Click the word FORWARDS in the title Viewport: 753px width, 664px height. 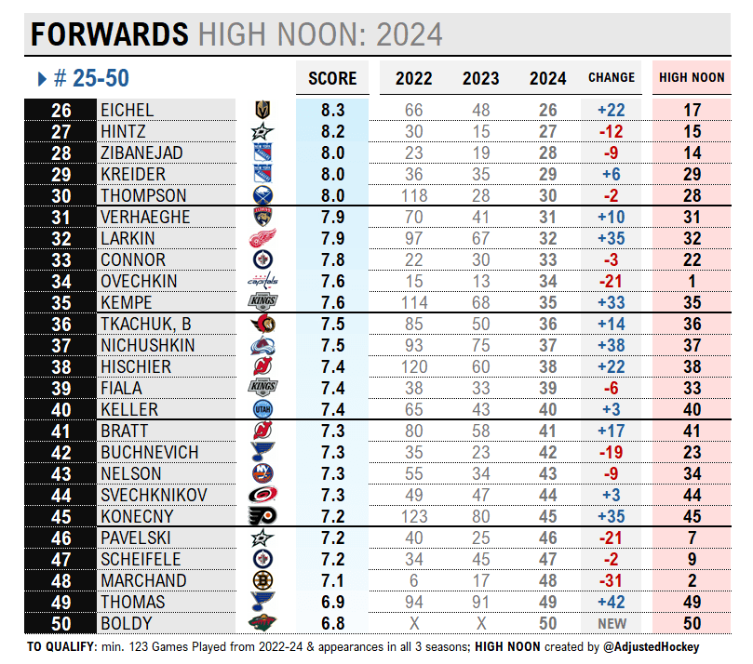[x=110, y=34]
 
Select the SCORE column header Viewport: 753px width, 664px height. [x=332, y=78]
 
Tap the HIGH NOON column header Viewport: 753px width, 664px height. [x=692, y=78]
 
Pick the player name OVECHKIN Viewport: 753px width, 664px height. [x=133, y=281]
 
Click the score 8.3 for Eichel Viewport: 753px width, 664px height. [x=332, y=110]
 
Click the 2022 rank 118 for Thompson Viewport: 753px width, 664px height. [x=413, y=195]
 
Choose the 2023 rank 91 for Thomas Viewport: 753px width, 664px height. [x=481, y=602]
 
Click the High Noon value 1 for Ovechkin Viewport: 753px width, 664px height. [x=692, y=281]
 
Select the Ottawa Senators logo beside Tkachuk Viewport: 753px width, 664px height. [x=262, y=324]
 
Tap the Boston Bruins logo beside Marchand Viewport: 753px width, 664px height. [x=262, y=580]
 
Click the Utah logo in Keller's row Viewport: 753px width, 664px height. [x=262, y=409]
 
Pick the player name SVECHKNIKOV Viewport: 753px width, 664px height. [x=153, y=495]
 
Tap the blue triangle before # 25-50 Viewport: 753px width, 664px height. [x=42, y=80]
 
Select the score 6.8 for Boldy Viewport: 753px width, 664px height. [x=332, y=623]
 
